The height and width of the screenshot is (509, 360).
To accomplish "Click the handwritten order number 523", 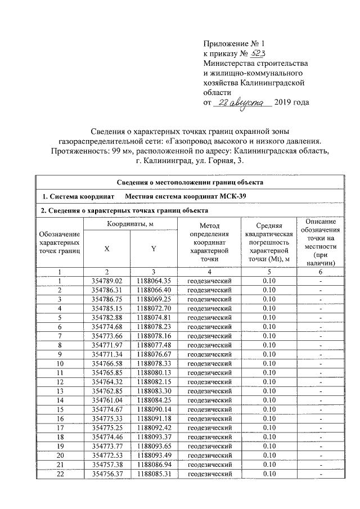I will pos(258,53).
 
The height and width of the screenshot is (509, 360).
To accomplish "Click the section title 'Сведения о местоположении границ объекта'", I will pos(190,182).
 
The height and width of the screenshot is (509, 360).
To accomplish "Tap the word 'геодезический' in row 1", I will pos(209,280).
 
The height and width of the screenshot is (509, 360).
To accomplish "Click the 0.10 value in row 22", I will pos(272,474).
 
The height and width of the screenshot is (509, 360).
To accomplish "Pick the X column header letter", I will pos(107,248).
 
